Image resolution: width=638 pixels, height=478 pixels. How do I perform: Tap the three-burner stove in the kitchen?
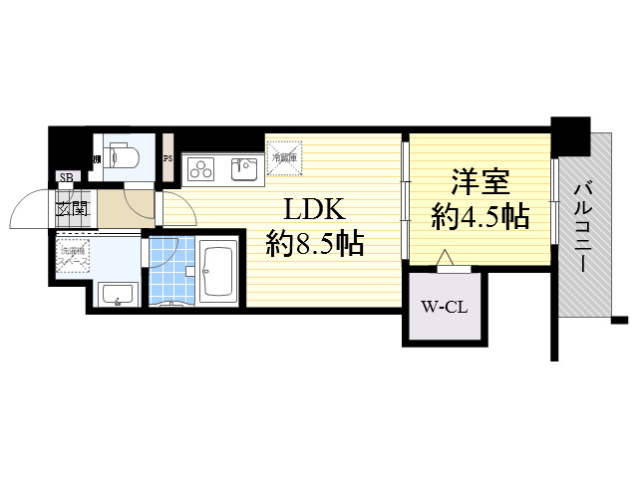click(x=199, y=168)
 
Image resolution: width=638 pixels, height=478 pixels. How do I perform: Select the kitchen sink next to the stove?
click(x=243, y=168)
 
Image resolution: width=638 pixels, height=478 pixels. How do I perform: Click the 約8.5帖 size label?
click(x=313, y=244)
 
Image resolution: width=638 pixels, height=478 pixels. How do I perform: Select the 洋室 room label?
click(x=480, y=184)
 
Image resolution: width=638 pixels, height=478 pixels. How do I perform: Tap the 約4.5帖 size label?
click(x=479, y=217)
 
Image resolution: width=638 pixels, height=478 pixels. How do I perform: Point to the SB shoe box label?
click(x=66, y=179)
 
